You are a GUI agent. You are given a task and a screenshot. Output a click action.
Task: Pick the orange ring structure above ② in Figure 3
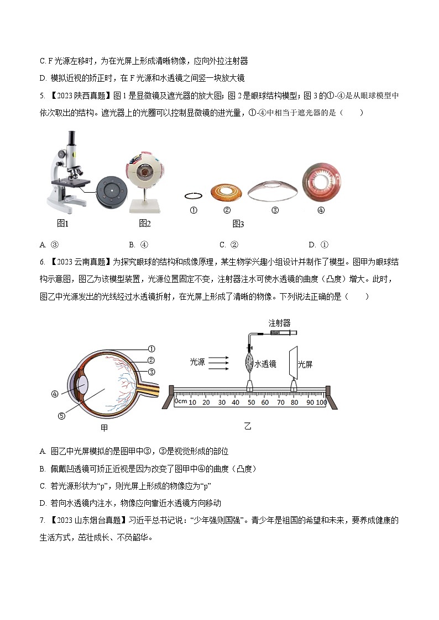coord(227,193)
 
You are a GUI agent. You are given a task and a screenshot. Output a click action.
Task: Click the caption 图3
coord(238,224)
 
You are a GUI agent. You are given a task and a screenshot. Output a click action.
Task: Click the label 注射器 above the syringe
coord(279,323)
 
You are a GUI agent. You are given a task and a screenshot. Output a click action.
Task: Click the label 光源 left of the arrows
coord(197,362)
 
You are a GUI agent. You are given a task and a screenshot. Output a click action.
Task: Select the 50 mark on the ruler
coord(250,402)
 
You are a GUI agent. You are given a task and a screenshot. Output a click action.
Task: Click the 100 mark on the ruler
coord(321,402)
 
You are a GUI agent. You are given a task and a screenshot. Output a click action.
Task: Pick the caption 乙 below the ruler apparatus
coord(247,426)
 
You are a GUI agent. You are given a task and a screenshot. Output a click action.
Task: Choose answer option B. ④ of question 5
coord(138,245)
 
